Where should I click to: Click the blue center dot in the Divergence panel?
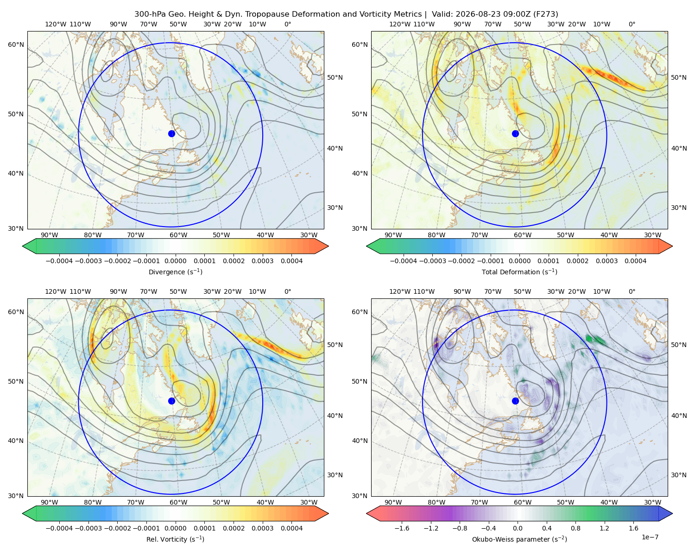[x=171, y=134]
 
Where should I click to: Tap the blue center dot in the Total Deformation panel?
[x=515, y=134]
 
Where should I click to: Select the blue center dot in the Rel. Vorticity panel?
[x=171, y=401]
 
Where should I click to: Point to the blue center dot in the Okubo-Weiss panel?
[x=515, y=401]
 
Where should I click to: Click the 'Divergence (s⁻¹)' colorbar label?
[x=175, y=272]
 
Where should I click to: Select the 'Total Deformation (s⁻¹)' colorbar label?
[x=519, y=272]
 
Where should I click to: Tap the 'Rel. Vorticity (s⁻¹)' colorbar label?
[x=175, y=539]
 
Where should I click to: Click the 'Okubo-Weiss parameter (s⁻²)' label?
[x=519, y=539]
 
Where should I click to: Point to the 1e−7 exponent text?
[x=650, y=537]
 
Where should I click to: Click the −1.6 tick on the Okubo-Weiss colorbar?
[x=402, y=528]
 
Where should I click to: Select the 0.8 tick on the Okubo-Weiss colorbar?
[x=575, y=528]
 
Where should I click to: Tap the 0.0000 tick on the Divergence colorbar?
[x=175, y=261]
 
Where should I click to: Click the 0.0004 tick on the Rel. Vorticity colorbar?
[x=291, y=528]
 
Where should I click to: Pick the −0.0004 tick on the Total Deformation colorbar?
[x=404, y=261]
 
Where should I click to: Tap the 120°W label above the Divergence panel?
[x=56, y=24]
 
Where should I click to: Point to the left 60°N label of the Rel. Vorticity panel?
[x=16, y=312]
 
